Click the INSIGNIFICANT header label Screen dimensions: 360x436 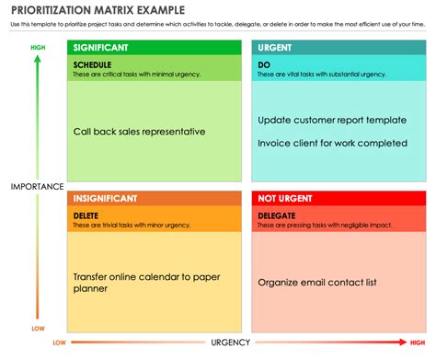pos(105,198)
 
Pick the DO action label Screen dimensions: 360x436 pos(264,64)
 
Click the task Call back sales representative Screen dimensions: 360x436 pos(139,132)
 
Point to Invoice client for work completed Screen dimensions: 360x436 pos(332,143)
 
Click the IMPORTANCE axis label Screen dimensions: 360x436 pos(31,187)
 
